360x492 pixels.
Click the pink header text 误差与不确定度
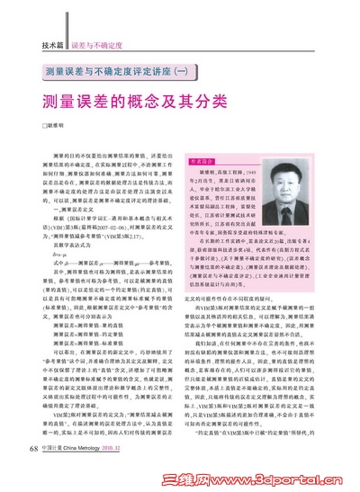(x=96, y=44)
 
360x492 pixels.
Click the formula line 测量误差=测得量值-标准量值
(x=99, y=333)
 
